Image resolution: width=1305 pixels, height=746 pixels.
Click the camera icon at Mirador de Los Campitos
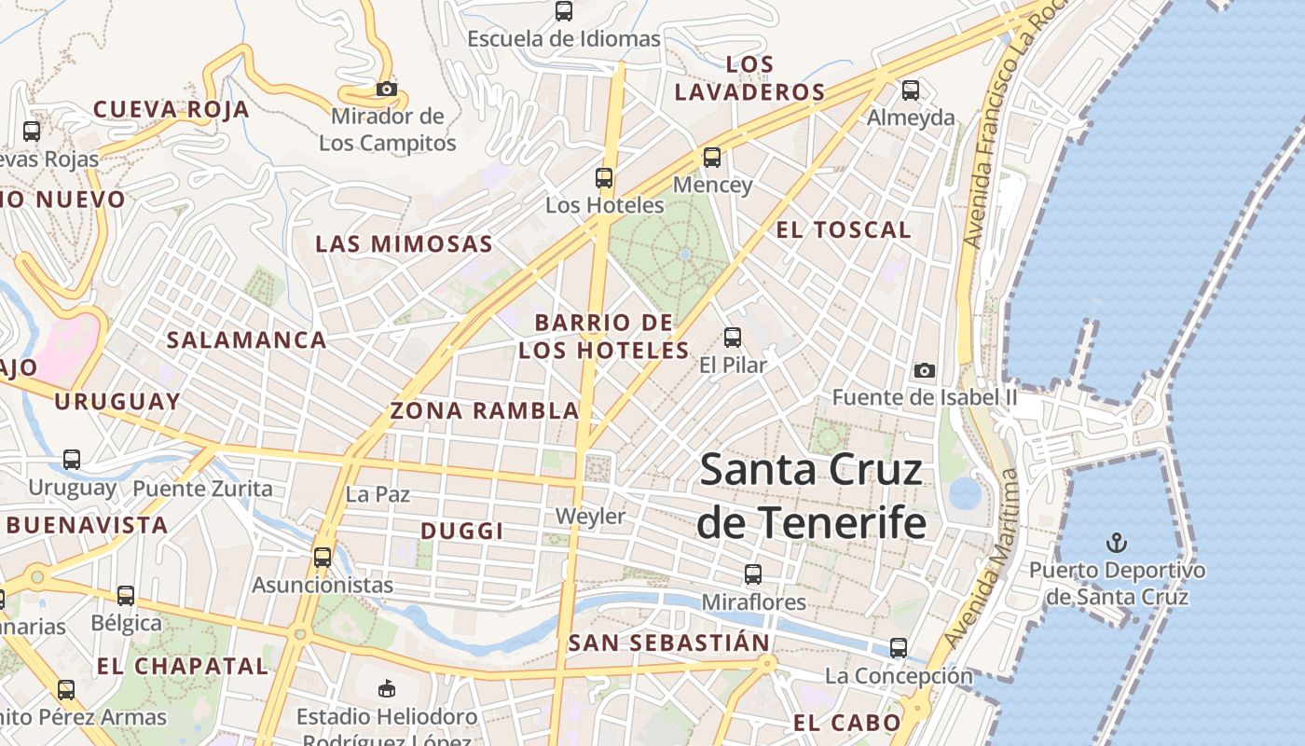pyautogui.click(x=386, y=90)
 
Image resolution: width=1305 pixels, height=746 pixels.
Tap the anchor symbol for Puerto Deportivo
pyautogui.click(x=1116, y=542)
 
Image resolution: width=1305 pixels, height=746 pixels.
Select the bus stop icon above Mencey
pyautogui.click(x=712, y=157)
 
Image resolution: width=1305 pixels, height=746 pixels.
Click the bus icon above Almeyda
pyautogui.click(x=911, y=90)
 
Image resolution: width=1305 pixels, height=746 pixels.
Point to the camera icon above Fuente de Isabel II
pyautogui.click(x=924, y=370)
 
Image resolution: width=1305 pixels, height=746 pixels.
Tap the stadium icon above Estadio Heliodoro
pyautogui.click(x=386, y=689)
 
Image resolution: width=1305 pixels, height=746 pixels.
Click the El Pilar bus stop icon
pyautogui.click(x=733, y=337)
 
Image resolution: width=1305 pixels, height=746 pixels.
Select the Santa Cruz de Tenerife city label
pyautogui.click(x=811, y=495)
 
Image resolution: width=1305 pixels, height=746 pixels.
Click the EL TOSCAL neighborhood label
pyautogui.click(x=844, y=229)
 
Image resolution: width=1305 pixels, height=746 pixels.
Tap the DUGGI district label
pyautogui.click(x=462, y=531)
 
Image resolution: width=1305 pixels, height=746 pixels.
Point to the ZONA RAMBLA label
pyautogui.click(x=485, y=410)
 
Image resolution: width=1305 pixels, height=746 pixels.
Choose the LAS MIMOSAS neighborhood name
pyautogui.click(x=404, y=244)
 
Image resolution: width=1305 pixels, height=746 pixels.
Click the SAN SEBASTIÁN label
pyautogui.click(x=668, y=642)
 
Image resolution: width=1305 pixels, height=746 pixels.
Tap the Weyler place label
pyautogui.click(x=590, y=516)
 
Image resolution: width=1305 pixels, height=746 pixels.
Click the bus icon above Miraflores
pyautogui.click(x=753, y=574)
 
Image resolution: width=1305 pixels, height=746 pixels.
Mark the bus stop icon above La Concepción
pyautogui.click(x=898, y=647)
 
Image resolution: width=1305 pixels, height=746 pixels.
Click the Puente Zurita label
pyautogui.click(x=202, y=489)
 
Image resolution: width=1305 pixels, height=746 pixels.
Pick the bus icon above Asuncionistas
pyautogui.click(x=323, y=558)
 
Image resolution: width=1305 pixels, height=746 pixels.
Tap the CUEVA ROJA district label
pyautogui.click(x=172, y=109)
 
